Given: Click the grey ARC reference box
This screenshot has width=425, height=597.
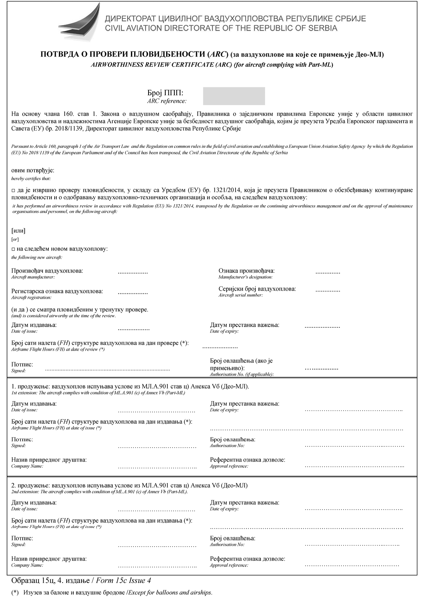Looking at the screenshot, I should [234, 96].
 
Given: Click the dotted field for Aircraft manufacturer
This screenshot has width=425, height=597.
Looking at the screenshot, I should [133, 272].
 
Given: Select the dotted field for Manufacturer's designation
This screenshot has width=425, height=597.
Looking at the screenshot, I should [328, 272].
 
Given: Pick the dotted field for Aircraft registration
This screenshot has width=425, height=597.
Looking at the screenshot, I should [133, 292].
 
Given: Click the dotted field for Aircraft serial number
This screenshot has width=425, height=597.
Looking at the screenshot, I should [328, 290].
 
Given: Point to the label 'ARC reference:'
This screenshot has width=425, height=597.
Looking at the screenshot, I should [166, 101].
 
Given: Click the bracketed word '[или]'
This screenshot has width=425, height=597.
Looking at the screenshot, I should [18, 231].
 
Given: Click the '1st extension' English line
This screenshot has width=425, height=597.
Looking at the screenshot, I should [98, 393].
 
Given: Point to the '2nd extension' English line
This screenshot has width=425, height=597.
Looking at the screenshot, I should [99, 492].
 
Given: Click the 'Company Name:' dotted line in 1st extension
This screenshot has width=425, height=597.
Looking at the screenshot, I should [157, 467].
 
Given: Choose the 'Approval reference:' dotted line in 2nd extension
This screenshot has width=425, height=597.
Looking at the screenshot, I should [352, 565].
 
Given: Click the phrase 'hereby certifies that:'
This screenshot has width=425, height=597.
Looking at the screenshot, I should [31, 178].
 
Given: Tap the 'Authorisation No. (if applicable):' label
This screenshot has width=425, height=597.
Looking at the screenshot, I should [242, 374].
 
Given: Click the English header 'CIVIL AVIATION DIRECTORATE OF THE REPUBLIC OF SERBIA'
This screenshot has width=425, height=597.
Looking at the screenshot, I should [221, 28].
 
